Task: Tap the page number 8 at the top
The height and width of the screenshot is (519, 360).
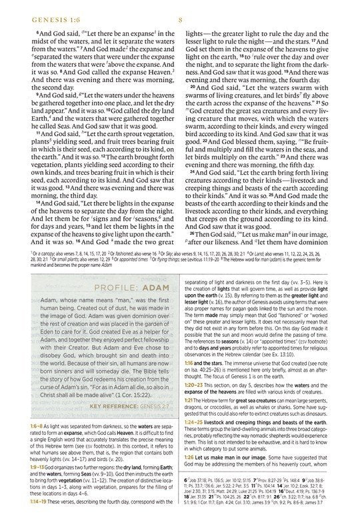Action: pos(180,9)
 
